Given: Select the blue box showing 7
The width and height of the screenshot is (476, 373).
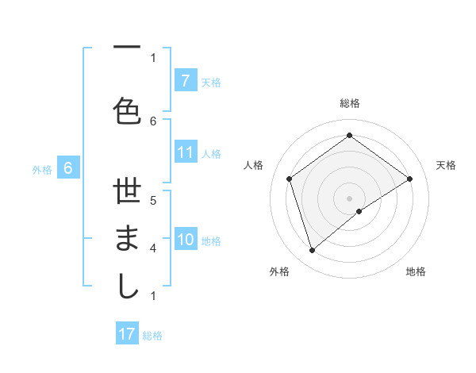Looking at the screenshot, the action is coord(185,81).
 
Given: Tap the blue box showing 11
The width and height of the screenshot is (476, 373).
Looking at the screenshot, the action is coord(186,152).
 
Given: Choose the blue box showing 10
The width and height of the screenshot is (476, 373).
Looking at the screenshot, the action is coord(186,240).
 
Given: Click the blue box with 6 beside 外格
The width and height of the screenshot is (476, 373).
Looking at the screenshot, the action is coord(68,167).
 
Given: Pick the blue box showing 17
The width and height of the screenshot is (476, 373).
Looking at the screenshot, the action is coord(127,334).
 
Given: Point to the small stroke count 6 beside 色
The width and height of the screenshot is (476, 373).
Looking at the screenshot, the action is coord(153,121).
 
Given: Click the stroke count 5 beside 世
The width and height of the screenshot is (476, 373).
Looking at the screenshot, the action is coord(153,200).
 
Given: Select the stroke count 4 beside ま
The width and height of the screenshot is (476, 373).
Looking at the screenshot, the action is coord(153,248).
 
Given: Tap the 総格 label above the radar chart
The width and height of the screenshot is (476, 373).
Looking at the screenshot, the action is coord(350,103).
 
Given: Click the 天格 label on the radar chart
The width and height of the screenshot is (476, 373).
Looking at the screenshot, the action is coord(446,165).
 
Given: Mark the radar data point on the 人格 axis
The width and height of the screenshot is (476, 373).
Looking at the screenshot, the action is coord(290,179).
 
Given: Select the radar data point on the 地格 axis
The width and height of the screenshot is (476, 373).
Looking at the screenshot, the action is coord(359,211).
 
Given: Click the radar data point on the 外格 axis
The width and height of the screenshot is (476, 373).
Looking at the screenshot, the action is coord(312,251).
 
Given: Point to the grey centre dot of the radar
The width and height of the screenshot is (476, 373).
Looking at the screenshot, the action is coord(349,198).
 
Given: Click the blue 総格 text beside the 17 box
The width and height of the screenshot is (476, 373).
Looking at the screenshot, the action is coord(152,336).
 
